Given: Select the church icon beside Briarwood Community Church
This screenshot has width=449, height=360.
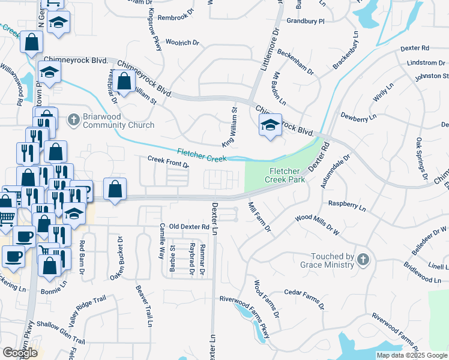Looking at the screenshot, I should (73, 120).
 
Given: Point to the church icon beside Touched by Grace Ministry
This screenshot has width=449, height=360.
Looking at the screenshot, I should (362, 260).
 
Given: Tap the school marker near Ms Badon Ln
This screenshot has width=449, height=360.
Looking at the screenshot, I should (270, 125).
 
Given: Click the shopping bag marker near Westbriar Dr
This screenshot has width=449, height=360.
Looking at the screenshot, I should (124, 82).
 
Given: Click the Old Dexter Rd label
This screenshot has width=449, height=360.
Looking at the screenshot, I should (188, 227).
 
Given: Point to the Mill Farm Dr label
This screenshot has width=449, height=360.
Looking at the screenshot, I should (259, 218).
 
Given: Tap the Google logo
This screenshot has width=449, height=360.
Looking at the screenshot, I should (20, 353).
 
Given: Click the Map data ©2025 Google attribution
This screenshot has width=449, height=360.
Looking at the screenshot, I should (411, 355).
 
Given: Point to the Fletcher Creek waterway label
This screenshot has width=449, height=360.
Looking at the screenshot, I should (201, 155).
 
